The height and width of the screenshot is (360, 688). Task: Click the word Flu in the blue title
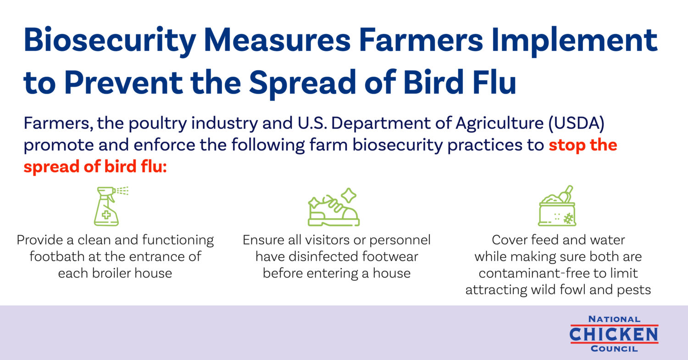tap(494, 82)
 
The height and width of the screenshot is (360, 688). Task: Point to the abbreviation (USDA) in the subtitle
tap(576, 123)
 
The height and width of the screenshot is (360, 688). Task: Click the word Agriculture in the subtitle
tap(499, 124)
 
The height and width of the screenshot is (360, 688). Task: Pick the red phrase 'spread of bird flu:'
tap(95, 167)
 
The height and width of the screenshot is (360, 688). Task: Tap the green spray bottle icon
tap(111, 206)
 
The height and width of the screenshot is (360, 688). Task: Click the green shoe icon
tap(333, 207)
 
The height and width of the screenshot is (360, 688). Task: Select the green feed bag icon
tap(557, 206)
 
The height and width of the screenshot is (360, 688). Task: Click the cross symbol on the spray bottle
tap(106, 215)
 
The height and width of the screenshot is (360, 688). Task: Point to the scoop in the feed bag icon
tap(566, 194)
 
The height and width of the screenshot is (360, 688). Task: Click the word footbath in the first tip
tap(57, 256)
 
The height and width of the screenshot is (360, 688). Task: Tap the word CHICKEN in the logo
tap(614, 334)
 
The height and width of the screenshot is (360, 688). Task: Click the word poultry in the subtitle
tap(158, 124)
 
